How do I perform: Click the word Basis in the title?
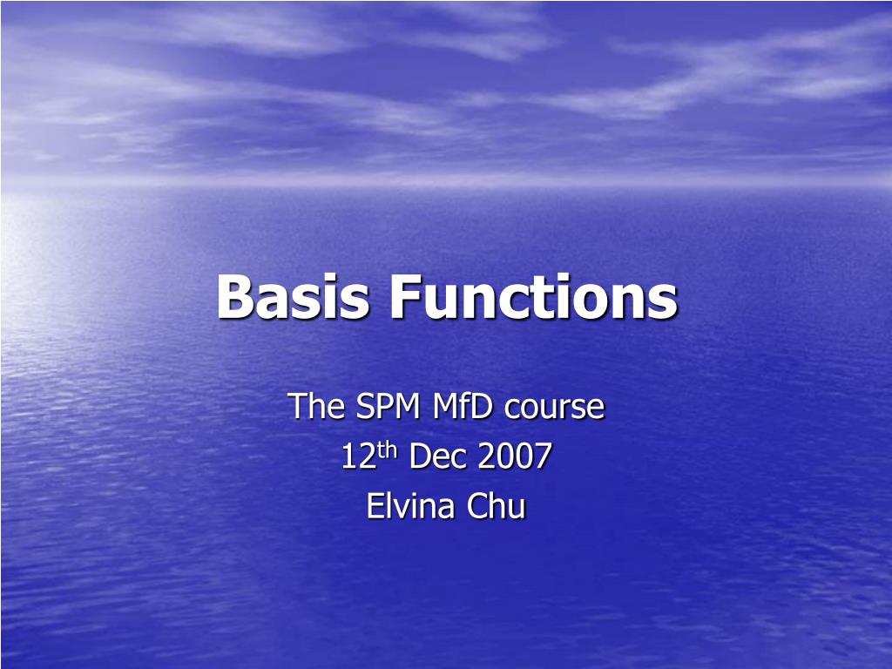(293, 296)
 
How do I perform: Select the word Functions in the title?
(534, 296)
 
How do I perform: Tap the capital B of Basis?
(235, 296)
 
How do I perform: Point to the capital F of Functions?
(406, 296)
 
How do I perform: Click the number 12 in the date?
(358, 456)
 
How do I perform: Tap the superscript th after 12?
(387, 449)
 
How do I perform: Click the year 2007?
(515, 456)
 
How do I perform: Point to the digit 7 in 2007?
(544, 456)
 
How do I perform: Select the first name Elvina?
(410, 506)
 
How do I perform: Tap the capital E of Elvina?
(375, 506)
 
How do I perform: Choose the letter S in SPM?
(365, 406)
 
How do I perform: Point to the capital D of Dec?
(419, 456)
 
